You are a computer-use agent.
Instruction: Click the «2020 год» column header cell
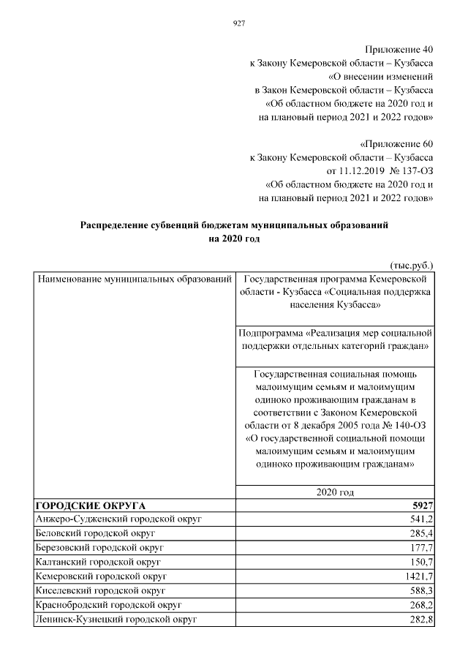tap(335, 493)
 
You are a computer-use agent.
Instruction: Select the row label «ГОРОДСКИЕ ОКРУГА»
tap(91, 505)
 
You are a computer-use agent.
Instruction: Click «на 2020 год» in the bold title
tap(234, 238)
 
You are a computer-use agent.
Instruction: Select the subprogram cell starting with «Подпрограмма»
tap(335, 337)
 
